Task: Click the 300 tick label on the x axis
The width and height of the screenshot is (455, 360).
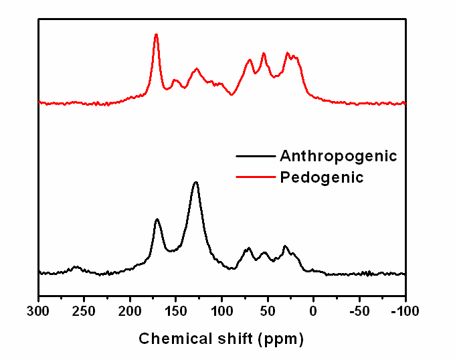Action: [x=39, y=311]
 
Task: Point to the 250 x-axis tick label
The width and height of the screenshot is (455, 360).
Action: [x=85, y=311]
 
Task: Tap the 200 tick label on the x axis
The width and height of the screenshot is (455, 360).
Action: [x=130, y=311]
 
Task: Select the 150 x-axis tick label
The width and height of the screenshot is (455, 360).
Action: [x=176, y=311]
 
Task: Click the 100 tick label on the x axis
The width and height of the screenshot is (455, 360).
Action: [x=222, y=311]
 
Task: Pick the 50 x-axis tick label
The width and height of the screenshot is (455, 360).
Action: [x=268, y=311]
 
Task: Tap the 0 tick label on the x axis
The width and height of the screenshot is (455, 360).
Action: [x=313, y=311]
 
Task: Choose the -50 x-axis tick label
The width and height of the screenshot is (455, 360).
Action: [x=359, y=311]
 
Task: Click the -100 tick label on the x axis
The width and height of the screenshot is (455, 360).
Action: [x=403, y=311]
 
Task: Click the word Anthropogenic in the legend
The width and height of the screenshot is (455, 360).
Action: [x=338, y=156]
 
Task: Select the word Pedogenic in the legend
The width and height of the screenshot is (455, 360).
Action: [x=321, y=177]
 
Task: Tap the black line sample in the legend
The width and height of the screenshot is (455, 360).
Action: [x=256, y=156]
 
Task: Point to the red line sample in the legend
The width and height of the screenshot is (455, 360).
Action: [x=256, y=177]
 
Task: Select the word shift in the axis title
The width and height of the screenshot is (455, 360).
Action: [x=233, y=339]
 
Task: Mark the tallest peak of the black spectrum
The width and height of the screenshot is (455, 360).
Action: [x=196, y=182]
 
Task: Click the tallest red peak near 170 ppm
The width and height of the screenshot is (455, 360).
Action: [x=156, y=34]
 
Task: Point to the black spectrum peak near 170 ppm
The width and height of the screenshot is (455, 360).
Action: [x=157, y=219]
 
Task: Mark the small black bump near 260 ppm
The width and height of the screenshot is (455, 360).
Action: [x=76, y=267]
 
